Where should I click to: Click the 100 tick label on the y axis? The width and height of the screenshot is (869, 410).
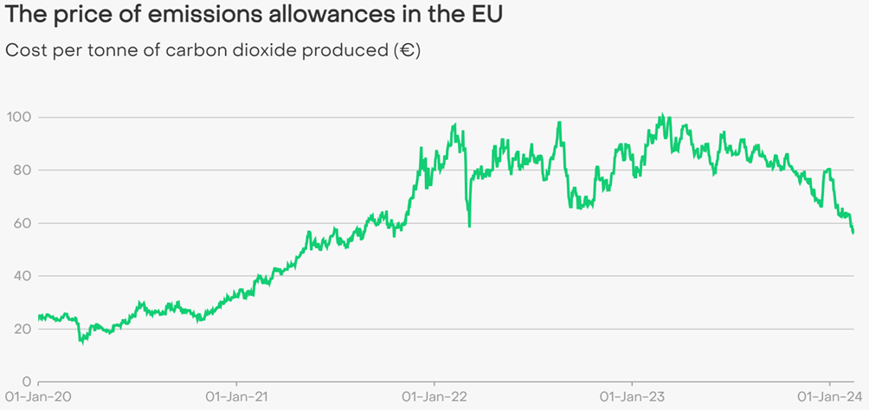pyautogui.click(x=19, y=117)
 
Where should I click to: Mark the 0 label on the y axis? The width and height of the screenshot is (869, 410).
pyautogui.click(x=27, y=381)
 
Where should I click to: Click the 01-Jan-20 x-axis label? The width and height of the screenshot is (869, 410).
pyautogui.click(x=38, y=397)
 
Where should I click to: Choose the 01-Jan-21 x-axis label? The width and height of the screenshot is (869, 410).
pyautogui.click(x=236, y=397)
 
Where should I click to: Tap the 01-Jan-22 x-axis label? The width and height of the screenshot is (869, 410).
pyautogui.click(x=434, y=397)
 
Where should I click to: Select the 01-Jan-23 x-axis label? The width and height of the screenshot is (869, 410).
pyautogui.click(x=632, y=397)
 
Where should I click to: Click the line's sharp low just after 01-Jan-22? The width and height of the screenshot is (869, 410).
pyautogui.click(x=469, y=227)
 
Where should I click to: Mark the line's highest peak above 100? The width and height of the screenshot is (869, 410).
pyautogui.click(x=661, y=114)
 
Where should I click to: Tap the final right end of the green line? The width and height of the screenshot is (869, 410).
pyautogui.click(x=853, y=233)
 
